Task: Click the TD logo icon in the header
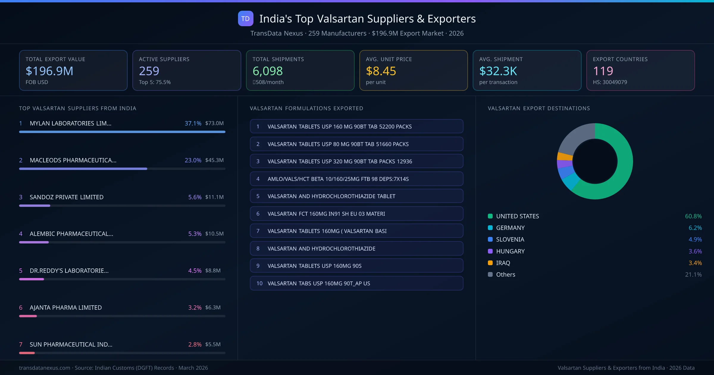[x=245, y=18]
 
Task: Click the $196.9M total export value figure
[x=49, y=71]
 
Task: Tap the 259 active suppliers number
[x=149, y=71]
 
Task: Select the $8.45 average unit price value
[x=381, y=71]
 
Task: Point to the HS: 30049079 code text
[x=610, y=82]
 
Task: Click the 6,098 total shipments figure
[x=267, y=71]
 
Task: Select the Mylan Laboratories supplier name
[x=71, y=123]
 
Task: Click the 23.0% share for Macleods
[x=193, y=160]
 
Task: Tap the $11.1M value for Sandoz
[x=214, y=197]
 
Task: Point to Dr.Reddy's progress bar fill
[x=32, y=279]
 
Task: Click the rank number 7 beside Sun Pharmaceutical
[x=21, y=344]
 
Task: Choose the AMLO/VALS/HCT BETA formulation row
[x=356, y=179]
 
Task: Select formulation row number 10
[x=356, y=283]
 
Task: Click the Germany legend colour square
[x=490, y=228]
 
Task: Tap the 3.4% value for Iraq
[x=695, y=263]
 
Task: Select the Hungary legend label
[x=510, y=251]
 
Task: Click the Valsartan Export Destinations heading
[x=539, y=108]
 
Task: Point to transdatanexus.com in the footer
[x=45, y=368]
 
